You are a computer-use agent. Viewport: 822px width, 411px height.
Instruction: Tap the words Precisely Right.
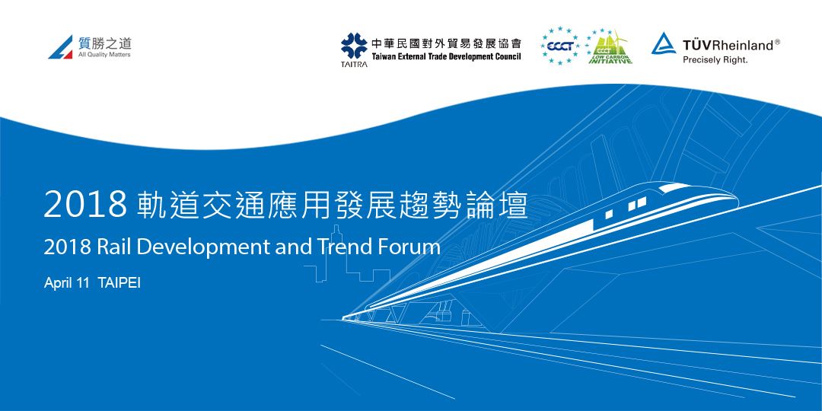pyautogui.click(x=715, y=59)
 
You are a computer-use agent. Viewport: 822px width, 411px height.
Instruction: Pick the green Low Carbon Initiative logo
pyautogui.click(x=610, y=48)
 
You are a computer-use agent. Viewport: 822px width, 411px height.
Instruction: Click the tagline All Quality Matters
pyautogui.click(x=104, y=55)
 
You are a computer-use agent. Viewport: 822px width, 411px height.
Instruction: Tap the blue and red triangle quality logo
pyautogui.click(x=61, y=47)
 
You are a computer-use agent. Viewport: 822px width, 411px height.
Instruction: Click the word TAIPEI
pyautogui.click(x=119, y=282)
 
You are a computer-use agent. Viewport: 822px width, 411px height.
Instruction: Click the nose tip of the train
pyautogui.click(x=734, y=199)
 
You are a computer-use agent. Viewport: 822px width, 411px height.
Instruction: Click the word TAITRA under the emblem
pyautogui.click(x=352, y=65)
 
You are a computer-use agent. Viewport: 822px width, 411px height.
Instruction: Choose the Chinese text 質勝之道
pyautogui.click(x=104, y=43)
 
